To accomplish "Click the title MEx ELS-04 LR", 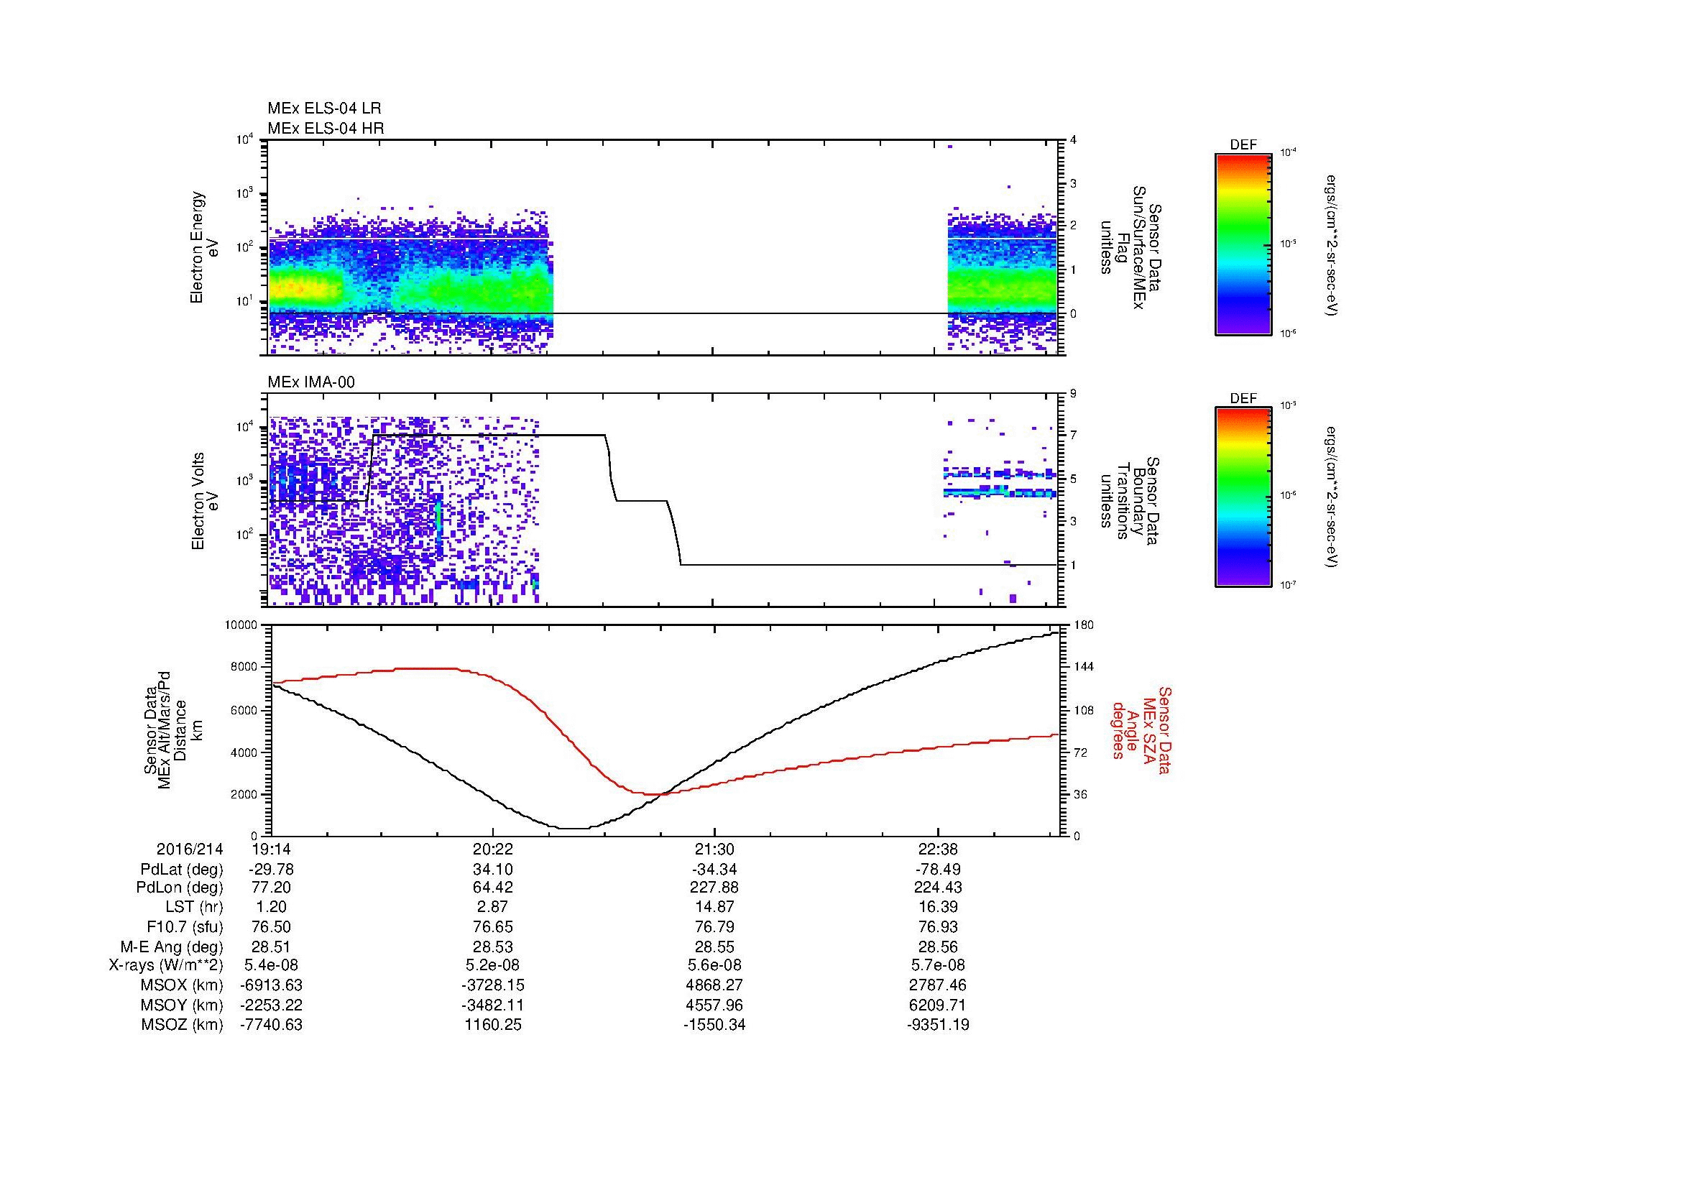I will point(323,109).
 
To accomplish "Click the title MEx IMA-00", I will point(311,382).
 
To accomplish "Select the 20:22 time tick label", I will point(493,849).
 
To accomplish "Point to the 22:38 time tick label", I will point(937,849).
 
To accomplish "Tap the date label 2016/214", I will point(190,849).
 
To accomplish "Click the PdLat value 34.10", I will point(493,870).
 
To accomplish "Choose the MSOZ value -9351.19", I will point(937,1025).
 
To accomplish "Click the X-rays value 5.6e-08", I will point(714,965).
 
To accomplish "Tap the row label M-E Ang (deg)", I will point(171,947).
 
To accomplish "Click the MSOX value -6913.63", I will point(271,985).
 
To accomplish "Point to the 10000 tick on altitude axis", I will point(241,625).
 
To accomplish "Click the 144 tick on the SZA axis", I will point(1083,667).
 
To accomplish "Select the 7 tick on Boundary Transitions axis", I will point(1073,436).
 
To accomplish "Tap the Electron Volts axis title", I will point(198,501).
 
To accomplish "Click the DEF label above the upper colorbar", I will point(1243,145).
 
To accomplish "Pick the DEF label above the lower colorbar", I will point(1243,399).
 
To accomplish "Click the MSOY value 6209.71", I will point(937,1005).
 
